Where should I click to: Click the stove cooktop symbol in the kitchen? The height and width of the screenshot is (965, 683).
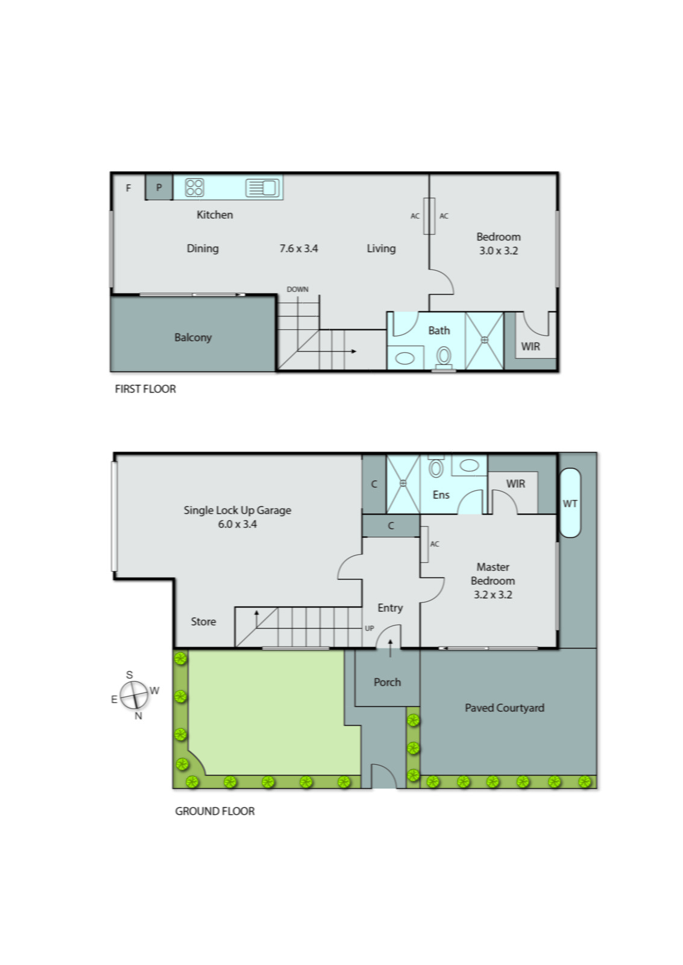pos(194,188)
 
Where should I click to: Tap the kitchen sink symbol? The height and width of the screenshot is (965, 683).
pos(262,188)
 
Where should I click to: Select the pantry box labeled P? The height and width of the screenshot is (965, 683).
pos(159,188)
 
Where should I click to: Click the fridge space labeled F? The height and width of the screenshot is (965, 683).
pos(128,188)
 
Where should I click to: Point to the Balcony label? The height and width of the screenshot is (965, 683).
pos(193,337)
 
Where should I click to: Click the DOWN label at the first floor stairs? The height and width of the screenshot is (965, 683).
pos(297,289)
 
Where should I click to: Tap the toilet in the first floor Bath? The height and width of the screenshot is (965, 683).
pos(444,356)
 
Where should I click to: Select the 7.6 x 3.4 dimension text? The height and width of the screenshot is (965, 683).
pos(298,248)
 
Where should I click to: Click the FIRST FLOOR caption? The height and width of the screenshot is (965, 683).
pos(145,389)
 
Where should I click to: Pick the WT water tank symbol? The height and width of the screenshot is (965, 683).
pos(570,503)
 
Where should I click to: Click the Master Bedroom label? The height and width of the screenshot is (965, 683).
pos(493,574)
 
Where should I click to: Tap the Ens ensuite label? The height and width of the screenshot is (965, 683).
pos(441,495)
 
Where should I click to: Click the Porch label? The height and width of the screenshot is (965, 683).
pos(387,682)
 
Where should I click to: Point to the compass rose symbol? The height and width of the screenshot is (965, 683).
pos(134,695)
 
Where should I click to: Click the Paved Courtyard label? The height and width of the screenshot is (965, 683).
pos(504,708)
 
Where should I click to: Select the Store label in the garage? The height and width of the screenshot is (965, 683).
pos(203,621)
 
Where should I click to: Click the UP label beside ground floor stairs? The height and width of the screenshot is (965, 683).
pos(369,628)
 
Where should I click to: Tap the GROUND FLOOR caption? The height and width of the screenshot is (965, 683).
pos(215,811)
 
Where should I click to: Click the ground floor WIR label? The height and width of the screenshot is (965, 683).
pos(515,484)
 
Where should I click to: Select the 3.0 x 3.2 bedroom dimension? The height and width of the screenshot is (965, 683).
pos(499,251)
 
